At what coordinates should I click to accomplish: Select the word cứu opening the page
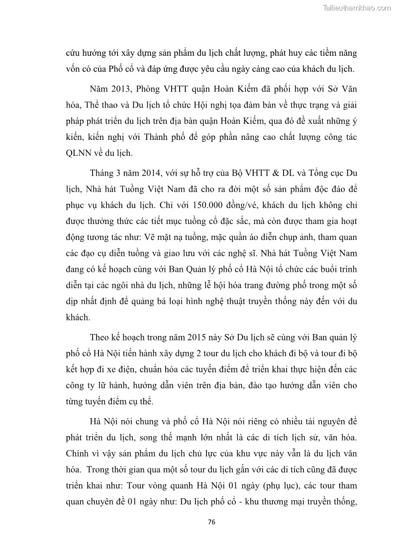click(x=74, y=53)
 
